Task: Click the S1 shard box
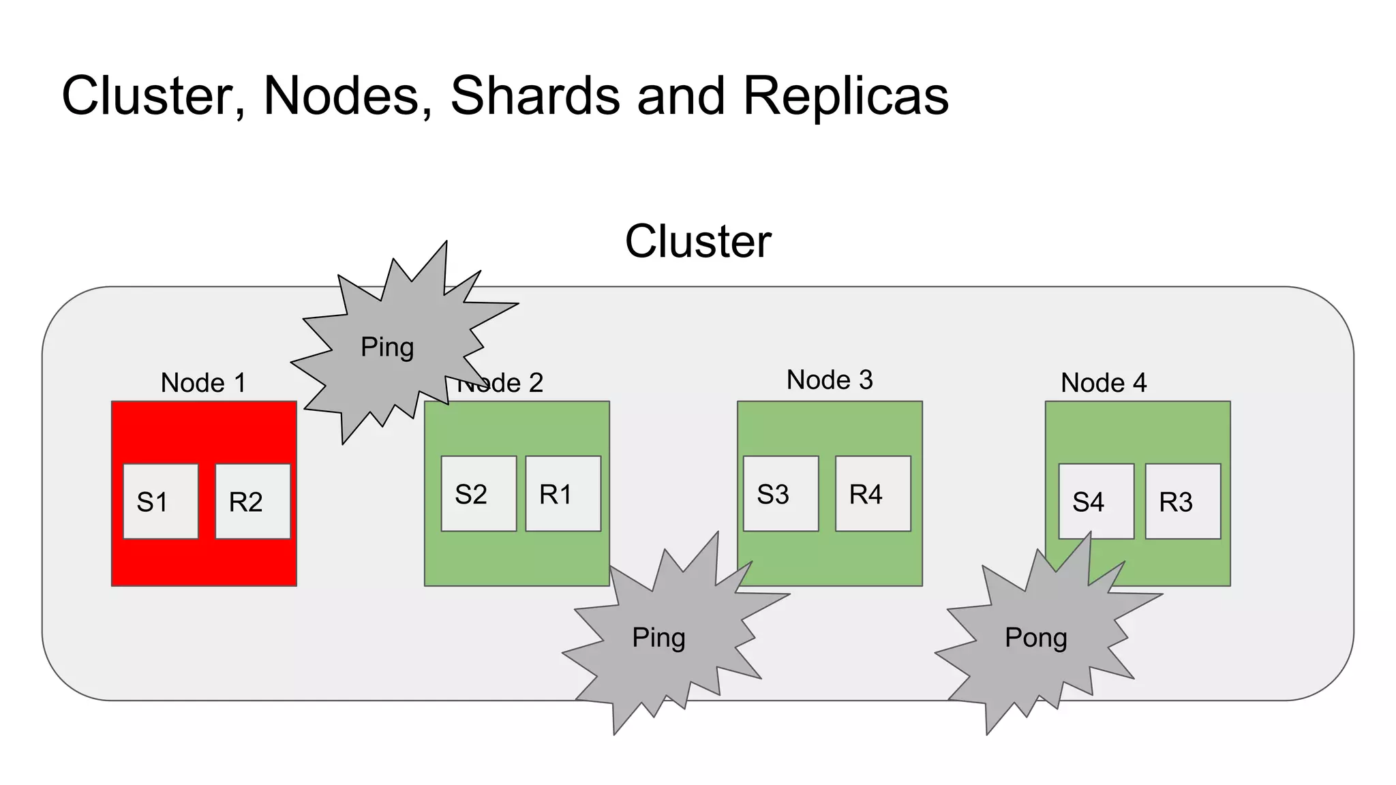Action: (160, 502)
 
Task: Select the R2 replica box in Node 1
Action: (252, 502)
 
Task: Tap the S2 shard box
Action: (478, 493)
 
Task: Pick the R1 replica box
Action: (563, 493)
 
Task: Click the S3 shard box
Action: (780, 493)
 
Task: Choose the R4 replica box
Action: (872, 493)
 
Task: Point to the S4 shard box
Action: (1095, 502)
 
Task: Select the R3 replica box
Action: (1183, 502)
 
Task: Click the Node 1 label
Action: (203, 383)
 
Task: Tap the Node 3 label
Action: (830, 380)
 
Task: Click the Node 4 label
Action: (1104, 383)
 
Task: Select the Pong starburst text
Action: (1035, 638)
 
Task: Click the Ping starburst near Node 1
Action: (387, 348)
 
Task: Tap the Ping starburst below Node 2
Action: (658, 638)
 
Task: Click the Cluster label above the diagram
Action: (698, 241)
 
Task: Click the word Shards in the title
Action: (535, 95)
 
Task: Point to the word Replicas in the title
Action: (845, 95)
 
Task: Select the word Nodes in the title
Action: (348, 95)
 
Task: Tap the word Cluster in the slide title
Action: (153, 95)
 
